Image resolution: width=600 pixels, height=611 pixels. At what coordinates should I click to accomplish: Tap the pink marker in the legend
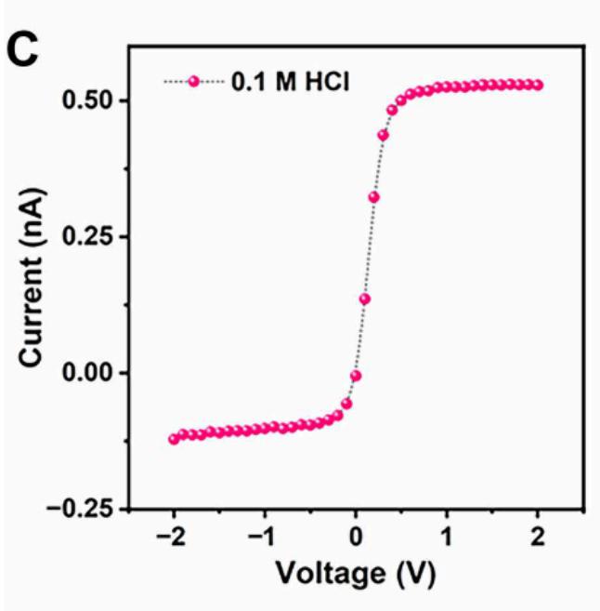(194, 82)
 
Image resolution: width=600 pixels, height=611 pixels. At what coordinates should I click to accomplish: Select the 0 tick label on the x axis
(356, 538)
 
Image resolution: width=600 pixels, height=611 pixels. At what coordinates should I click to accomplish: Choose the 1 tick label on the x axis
(447, 538)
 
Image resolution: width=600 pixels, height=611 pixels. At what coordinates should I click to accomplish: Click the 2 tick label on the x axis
(538, 538)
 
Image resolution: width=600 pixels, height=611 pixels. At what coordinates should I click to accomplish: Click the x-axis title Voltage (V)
(356, 574)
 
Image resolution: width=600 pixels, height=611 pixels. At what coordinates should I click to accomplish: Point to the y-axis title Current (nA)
(32, 279)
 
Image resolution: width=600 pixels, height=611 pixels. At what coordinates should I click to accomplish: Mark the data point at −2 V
(174, 438)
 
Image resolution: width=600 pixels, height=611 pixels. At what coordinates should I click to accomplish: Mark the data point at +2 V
(537, 86)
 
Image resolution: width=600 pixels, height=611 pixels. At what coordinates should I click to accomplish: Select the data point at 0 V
(356, 376)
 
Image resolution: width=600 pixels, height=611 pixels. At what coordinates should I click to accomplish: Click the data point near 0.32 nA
(373, 197)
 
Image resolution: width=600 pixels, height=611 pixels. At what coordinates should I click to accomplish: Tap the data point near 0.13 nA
(365, 299)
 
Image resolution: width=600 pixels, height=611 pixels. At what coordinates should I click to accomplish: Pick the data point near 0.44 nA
(383, 135)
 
